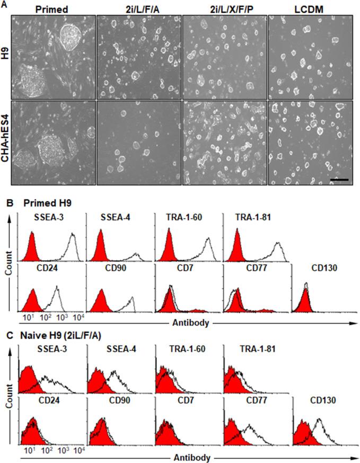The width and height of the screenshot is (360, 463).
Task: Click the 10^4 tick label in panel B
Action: point(76,317)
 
